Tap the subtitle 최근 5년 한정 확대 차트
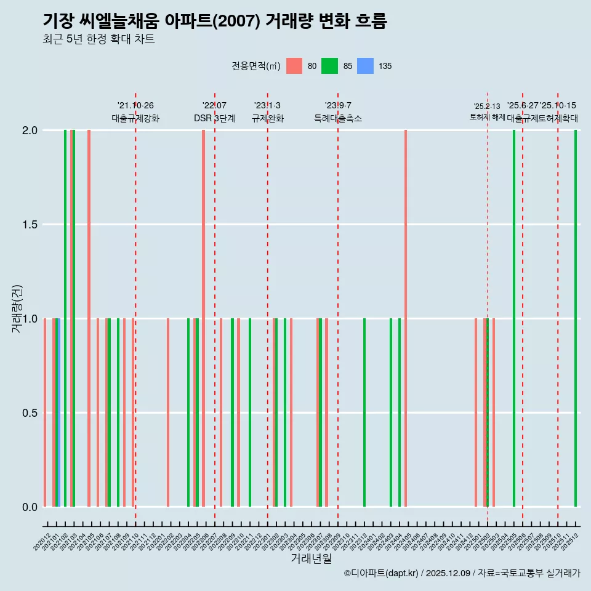click(x=98, y=39)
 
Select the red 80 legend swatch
click(x=294, y=66)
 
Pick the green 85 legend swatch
click(x=330, y=66)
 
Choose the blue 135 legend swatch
click(x=366, y=66)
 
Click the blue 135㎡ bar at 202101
click(x=58, y=412)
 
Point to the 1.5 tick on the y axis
click(x=30, y=225)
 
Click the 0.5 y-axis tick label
click(x=30, y=413)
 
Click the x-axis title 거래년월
click(x=311, y=558)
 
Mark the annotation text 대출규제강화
click(x=135, y=118)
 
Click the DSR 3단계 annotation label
click(x=214, y=118)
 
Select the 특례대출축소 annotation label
click(x=338, y=118)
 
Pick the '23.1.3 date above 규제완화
click(x=267, y=105)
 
